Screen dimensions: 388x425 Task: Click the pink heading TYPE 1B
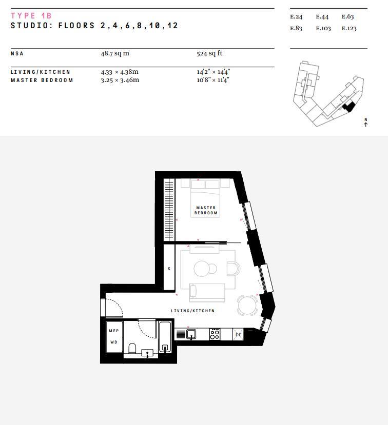pyautogui.click(x=31, y=16)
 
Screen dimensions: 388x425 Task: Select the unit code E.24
pyautogui.click(x=296, y=17)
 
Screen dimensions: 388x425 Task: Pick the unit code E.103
pyautogui.click(x=323, y=29)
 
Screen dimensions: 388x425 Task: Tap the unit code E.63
pyautogui.click(x=347, y=17)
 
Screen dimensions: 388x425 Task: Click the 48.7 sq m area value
pyautogui.click(x=115, y=53)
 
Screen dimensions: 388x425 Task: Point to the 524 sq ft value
pyautogui.click(x=209, y=53)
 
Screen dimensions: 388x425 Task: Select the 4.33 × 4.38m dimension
pyautogui.click(x=120, y=72)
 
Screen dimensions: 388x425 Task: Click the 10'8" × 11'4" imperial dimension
pyautogui.click(x=213, y=80)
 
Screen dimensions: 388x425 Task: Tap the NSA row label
pyautogui.click(x=17, y=54)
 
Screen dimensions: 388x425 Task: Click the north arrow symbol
pyautogui.click(x=366, y=123)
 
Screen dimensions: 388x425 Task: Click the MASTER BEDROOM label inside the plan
pyautogui.click(x=206, y=210)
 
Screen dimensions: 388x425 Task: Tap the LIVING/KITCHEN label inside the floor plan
pyautogui.click(x=192, y=311)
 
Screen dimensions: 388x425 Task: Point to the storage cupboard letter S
pyautogui.click(x=169, y=269)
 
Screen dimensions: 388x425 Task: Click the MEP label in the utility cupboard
pyautogui.click(x=114, y=331)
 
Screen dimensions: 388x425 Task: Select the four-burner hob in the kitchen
pyautogui.click(x=215, y=334)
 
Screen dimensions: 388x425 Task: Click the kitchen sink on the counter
pyautogui.click(x=191, y=334)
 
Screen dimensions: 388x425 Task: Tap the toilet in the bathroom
pyautogui.click(x=132, y=349)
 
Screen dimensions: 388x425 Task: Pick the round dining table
pyautogui.click(x=247, y=305)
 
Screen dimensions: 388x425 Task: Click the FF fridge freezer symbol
pyautogui.click(x=238, y=335)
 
